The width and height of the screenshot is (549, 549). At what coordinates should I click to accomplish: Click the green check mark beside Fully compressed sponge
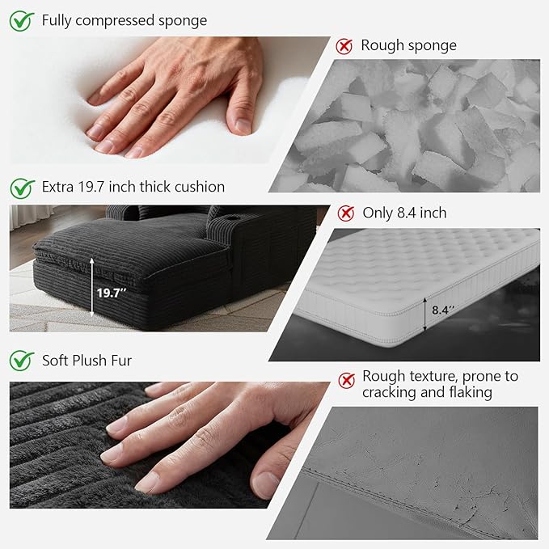(x=22, y=21)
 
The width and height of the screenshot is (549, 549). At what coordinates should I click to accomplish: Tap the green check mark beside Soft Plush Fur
(x=22, y=361)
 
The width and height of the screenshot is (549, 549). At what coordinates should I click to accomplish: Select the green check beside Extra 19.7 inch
(x=22, y=188)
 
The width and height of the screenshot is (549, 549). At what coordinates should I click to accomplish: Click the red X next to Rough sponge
(x=344, y=46)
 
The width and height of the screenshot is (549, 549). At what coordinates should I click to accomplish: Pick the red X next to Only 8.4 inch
(x=346, y=213)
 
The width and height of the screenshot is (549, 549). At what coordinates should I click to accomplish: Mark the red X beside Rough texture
(x=347, y=380)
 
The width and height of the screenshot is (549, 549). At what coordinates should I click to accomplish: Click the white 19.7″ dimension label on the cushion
(x=112, y=293)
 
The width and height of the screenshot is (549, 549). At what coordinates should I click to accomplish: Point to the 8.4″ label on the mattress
(x=443, y=310)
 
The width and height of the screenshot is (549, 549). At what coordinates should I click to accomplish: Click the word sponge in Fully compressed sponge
(x=183, y=21)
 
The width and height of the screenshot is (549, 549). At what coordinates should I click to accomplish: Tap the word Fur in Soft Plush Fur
(x=121, y=361)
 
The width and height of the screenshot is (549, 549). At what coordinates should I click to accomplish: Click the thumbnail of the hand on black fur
(x=168, y=445)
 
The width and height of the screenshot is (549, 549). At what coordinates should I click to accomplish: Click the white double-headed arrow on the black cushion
(x=92, y=287)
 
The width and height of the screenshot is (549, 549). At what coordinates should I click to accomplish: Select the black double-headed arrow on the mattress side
(x=425, y=314)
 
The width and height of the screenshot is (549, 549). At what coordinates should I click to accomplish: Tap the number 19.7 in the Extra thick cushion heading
(x=91, y=187)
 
